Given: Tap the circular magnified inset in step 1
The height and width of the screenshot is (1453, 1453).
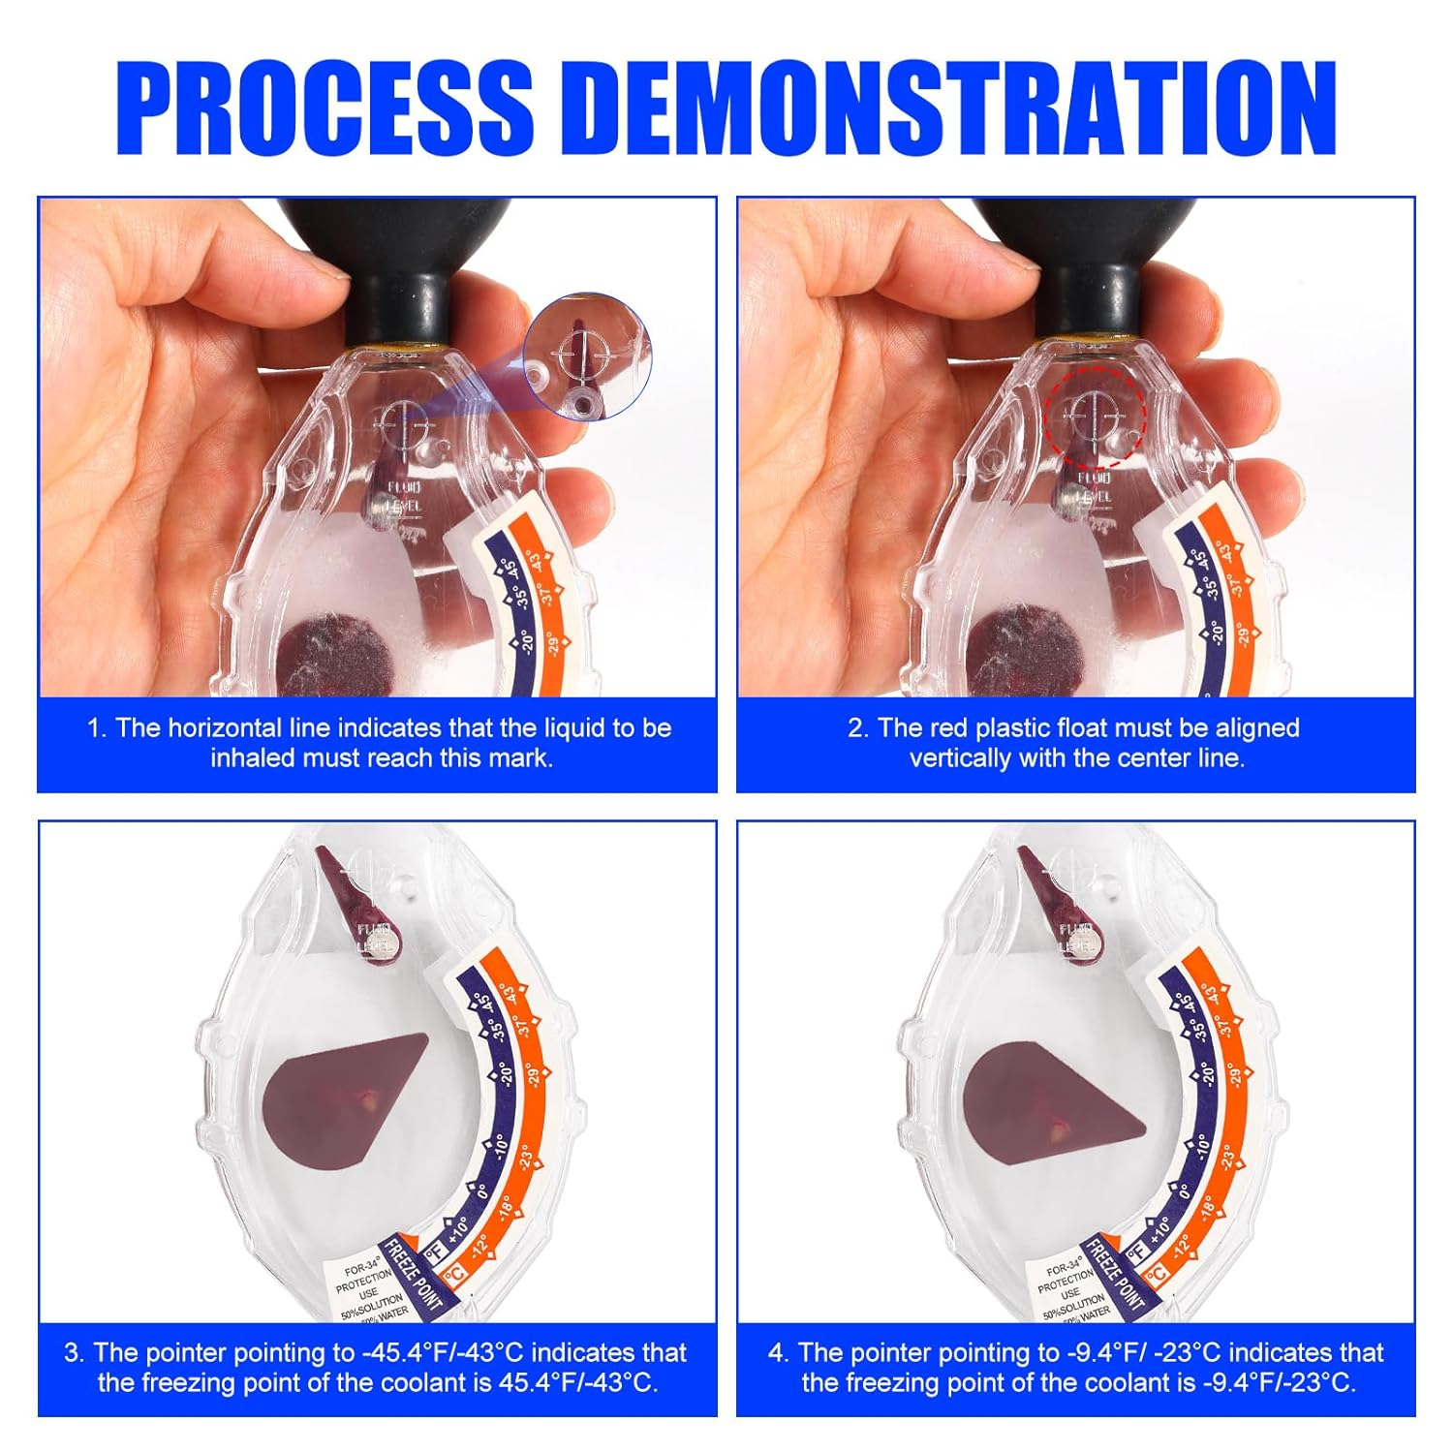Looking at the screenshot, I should [588, 357].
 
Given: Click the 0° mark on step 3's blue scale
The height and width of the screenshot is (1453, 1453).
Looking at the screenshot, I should [479, 1190].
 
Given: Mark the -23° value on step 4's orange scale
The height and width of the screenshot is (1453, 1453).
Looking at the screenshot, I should [1227, 1158].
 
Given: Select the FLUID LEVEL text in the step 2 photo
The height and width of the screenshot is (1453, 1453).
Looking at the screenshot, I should [1095, 487].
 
